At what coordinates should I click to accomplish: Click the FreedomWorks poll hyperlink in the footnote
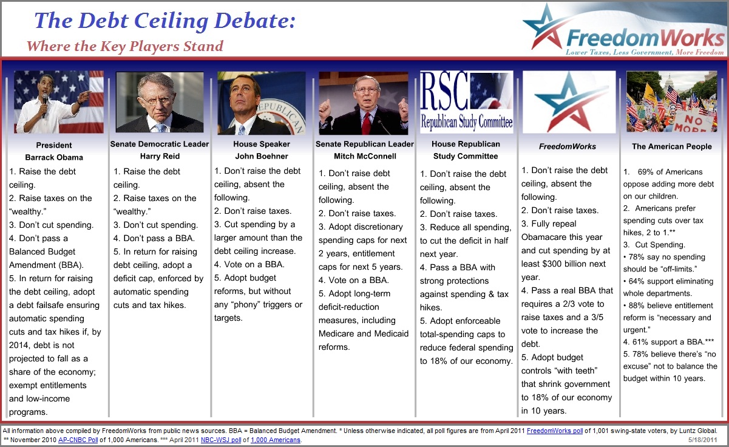click(x=555, y=431)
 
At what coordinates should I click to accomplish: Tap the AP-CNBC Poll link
click(x=78, y=440)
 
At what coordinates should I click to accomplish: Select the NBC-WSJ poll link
click(x=221, y=440)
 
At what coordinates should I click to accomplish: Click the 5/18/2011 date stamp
click(x=703, y=440)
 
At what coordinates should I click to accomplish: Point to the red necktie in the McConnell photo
click(x=367, y=124)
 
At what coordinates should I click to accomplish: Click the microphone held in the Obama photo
click(x=44, y=105)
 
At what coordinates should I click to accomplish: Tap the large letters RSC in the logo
click(x=444, y=91)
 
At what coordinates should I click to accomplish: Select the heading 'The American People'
click(x=672, y=146)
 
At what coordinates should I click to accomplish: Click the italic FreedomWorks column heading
click(x=568, y=146)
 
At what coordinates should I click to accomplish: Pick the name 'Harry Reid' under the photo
click(x=160, y=156)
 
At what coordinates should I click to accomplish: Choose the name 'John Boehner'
click(x=262, y=156)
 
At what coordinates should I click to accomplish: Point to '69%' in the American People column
click(x=646, y=172)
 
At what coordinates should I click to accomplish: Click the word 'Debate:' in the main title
click(x=255, y=21)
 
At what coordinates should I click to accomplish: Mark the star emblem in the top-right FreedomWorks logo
click(x=543, y=29)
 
